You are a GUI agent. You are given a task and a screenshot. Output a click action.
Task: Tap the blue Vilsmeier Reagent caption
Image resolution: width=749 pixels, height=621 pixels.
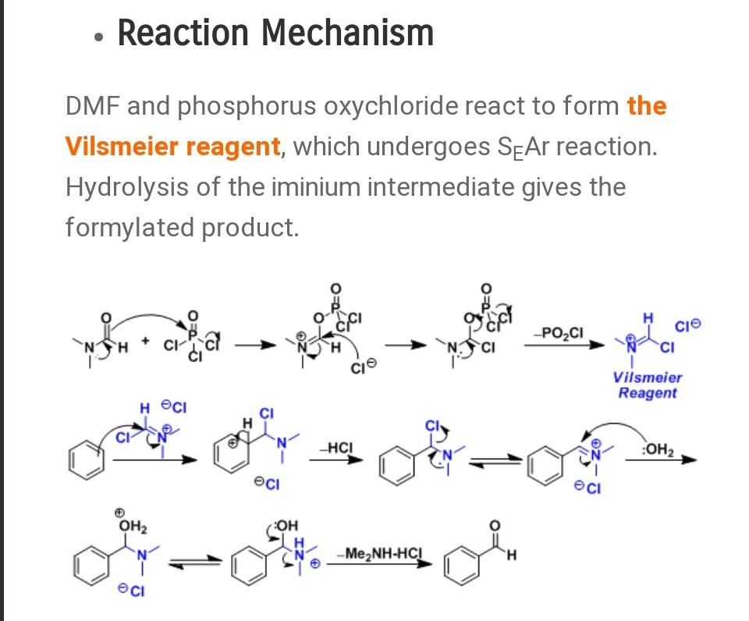point(648,385)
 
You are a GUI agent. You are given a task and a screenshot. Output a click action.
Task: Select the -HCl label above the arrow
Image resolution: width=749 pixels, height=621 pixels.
point(337,447)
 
